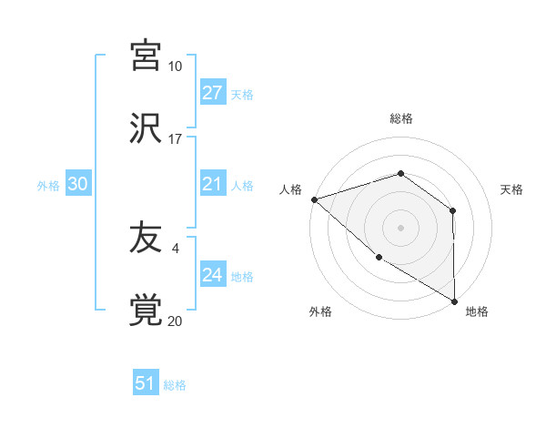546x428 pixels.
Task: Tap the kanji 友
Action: click(146, 239)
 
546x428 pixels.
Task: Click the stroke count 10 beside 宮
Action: click(175, 66)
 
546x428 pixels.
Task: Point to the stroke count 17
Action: click(175, 139)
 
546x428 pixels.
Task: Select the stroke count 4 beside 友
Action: click(175, 246)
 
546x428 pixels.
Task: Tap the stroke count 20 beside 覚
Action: click(175, 321)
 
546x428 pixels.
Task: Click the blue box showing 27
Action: click(213, 93)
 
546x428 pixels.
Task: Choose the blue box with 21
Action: click(213, 185)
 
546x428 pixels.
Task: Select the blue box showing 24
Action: click(213, 275)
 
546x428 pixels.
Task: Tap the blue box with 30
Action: click(78, 184)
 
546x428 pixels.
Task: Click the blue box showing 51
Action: click(146, 383)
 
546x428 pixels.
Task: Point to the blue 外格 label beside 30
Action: click(48, 185)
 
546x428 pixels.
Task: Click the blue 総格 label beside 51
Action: click(175, 385)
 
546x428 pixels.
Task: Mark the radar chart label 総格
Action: click(400, 118)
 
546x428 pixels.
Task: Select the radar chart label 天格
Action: click(511, 189)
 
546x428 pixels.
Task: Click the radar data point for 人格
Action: click(313, 199)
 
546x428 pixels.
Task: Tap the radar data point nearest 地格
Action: click(454, 301)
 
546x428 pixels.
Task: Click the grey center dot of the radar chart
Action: click(400, 227)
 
